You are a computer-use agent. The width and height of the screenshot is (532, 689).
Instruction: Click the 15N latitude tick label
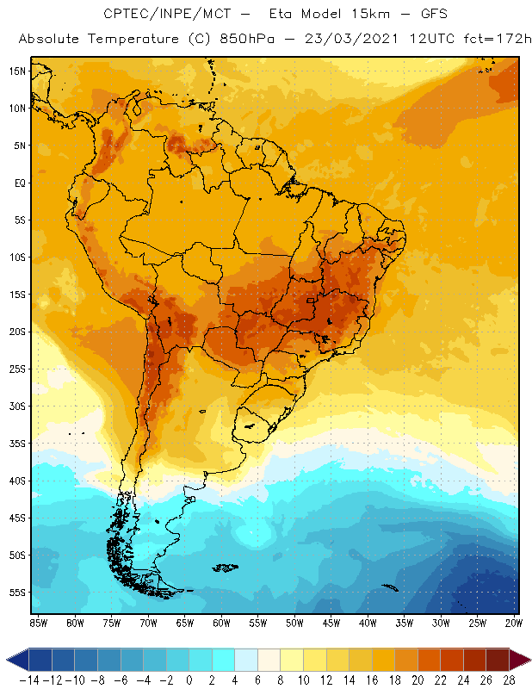coord(16,71)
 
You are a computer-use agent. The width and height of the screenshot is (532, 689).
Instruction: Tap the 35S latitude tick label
coord(16,444)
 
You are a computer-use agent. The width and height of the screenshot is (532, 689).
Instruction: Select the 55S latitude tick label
coord(16,593)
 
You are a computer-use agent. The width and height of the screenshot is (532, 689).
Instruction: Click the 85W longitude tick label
coord(38,623)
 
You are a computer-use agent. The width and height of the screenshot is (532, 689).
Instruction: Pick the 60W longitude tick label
coord(221,623)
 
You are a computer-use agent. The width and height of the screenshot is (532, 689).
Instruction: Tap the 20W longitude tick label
coord(514,623)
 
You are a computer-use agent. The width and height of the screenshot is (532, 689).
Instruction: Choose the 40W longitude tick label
coord(368,623)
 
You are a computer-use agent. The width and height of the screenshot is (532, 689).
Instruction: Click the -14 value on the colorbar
coord(28,680)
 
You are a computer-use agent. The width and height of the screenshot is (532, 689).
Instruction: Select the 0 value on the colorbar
coord(189,680)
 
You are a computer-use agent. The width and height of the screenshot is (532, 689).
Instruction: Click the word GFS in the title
coord(417,15)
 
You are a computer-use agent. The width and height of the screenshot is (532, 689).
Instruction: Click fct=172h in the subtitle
coord(497,40)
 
